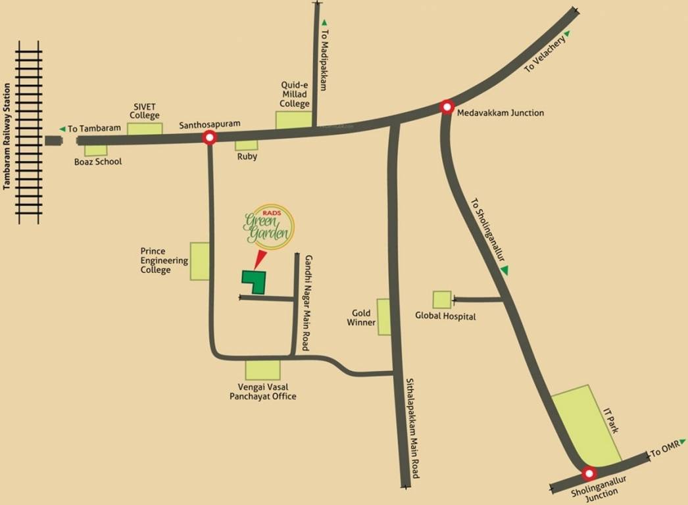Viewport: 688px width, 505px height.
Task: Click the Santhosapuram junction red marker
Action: pos(210,137)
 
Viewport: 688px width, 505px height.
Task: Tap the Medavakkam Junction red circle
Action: pos(447,107)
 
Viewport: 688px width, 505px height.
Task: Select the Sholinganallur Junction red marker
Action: pos(589,473)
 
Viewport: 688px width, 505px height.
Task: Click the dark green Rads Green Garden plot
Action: pos(253,281)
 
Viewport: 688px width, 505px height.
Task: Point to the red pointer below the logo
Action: pos(258,258)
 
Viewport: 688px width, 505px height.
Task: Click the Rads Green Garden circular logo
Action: pos(268,226)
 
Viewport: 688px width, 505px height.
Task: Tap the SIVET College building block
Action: pos(145,128)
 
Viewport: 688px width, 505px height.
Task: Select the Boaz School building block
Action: pos(96,150)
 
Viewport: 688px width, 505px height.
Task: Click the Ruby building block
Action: pos(247,145)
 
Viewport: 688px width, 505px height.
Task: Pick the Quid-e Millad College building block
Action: pos(293,120)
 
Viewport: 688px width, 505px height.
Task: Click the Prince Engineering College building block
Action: pos(200,261)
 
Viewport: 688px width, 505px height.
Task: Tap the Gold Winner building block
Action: pos(383,317)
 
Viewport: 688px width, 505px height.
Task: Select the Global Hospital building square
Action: pos(442,300)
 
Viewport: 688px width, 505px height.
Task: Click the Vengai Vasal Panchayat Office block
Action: pos(262,370)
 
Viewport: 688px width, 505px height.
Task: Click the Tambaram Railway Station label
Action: pos(7,137)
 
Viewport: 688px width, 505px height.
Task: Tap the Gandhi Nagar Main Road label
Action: pos(307,302)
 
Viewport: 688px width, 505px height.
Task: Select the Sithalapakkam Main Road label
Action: pos(412,429)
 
